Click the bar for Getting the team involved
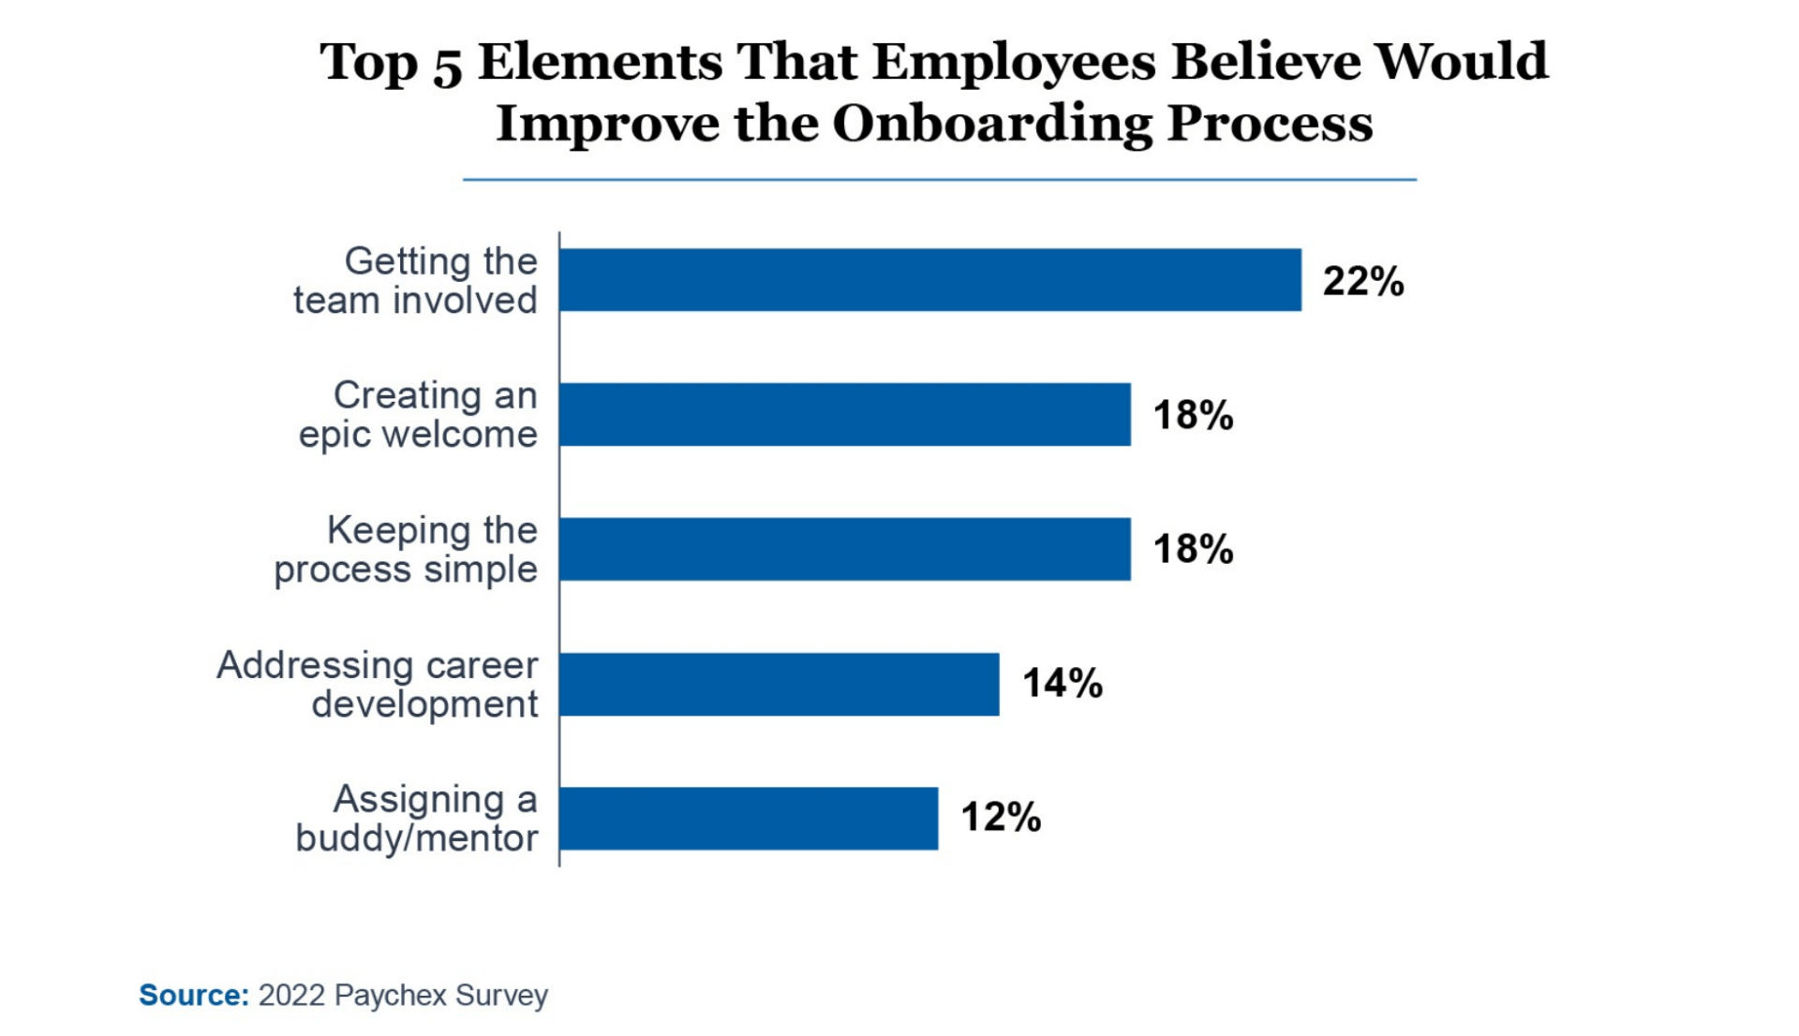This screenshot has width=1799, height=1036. point(929,280)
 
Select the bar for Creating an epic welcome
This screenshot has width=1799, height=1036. point(844,414)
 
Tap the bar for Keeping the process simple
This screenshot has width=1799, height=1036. point(844,549)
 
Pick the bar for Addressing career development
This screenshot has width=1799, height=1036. point(779,684)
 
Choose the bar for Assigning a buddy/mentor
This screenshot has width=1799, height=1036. point(748,818)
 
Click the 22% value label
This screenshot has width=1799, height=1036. point(1362,281)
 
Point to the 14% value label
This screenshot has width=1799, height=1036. point(1062,683)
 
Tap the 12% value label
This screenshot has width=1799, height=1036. point(1000,817)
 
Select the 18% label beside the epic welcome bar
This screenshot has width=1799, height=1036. point(1192,415)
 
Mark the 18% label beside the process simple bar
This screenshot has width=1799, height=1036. point(1192,549)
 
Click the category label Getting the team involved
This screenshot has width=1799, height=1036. point(416,281)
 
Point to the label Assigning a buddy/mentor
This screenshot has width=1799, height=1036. point(418,819)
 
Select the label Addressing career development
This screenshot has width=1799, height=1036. point(378,684)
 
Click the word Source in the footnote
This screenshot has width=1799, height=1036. point(193,995)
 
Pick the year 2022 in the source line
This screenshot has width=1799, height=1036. point(291,995)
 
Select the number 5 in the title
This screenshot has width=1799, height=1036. point(447,64)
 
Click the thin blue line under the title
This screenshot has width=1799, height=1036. point(939,179)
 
